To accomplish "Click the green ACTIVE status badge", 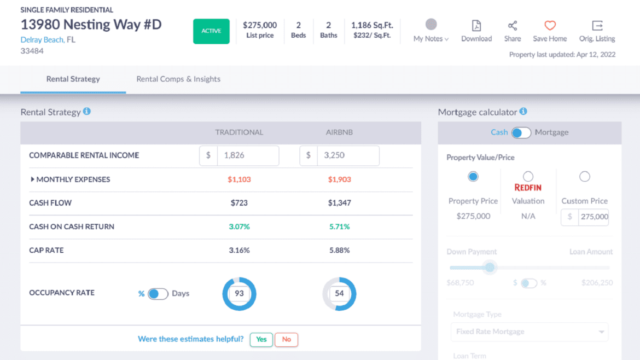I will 211,31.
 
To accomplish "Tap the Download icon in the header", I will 476,26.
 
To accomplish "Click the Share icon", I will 513,26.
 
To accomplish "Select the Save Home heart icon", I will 550,26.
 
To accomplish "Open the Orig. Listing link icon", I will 597,26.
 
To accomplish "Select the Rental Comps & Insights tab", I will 178,79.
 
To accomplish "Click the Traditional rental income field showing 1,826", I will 247,155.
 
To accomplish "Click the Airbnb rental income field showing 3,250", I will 347,155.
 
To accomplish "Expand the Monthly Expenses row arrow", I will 33,179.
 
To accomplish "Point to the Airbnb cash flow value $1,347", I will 339,203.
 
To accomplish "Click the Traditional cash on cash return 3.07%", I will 239,227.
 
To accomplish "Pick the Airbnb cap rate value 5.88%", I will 339,250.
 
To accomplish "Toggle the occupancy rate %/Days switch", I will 158,294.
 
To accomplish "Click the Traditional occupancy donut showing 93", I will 239,294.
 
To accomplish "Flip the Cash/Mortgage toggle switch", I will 521,132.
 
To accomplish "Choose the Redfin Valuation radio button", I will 528,176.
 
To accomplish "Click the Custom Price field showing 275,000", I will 594,217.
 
